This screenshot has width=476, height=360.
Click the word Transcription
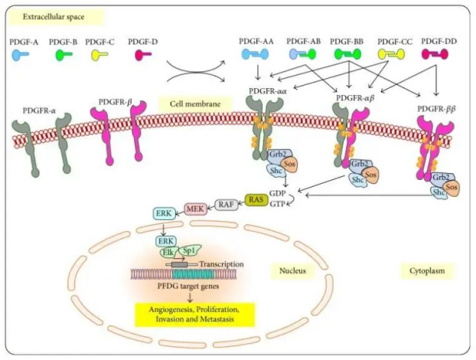(221, 263)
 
